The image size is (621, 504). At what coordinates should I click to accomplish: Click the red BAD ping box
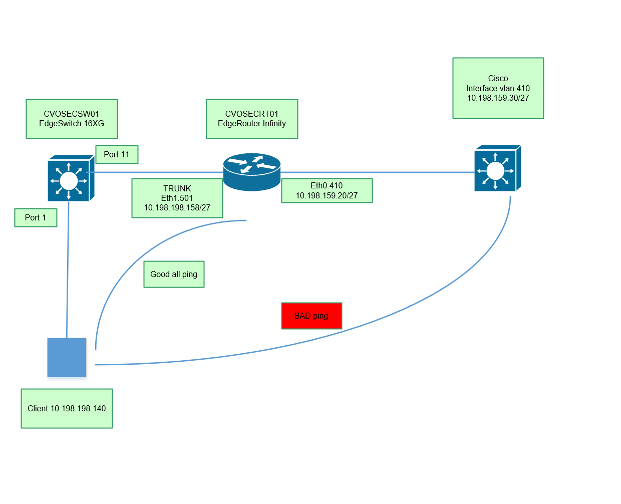[312, 316]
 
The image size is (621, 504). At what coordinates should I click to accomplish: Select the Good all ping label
[174, 274]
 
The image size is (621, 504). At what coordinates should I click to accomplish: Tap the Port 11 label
[117, 154]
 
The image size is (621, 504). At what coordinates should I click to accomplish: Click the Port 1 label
[36, 217]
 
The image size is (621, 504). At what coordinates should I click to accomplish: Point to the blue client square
[67, 357]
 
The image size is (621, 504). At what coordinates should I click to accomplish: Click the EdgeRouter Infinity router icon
[251, 171]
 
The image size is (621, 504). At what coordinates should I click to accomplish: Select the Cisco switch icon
[497, 169]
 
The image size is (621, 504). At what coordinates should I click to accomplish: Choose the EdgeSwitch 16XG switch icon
[70, 179]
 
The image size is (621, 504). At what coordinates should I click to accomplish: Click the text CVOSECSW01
[71, 114]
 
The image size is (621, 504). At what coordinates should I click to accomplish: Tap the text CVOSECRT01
[251, 114]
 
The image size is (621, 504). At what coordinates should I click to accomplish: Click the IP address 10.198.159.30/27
[498, 98]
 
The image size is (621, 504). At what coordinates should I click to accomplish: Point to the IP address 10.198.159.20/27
[327, 195]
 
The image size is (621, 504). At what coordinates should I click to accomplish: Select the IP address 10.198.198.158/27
[177, 207]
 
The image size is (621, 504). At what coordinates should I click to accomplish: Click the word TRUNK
[177, 188]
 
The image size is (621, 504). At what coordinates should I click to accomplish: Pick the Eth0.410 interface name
[327, 185]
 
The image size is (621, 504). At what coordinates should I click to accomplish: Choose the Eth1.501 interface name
[177, 198]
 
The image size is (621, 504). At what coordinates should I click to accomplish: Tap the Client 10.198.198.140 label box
[67, 408]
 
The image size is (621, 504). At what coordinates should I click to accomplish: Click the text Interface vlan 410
[498, 88]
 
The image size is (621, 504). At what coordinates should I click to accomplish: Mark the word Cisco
[498, 78]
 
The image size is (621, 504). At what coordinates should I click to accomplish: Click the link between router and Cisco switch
[376, 172]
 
